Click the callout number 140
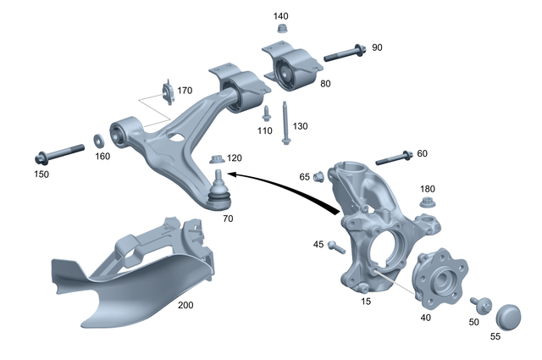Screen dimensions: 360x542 (281, 16)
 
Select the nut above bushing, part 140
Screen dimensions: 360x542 (281, 30)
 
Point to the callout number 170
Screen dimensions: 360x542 (185, 91)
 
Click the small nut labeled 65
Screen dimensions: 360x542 (319, 176)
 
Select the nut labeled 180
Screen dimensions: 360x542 (428, 203)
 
